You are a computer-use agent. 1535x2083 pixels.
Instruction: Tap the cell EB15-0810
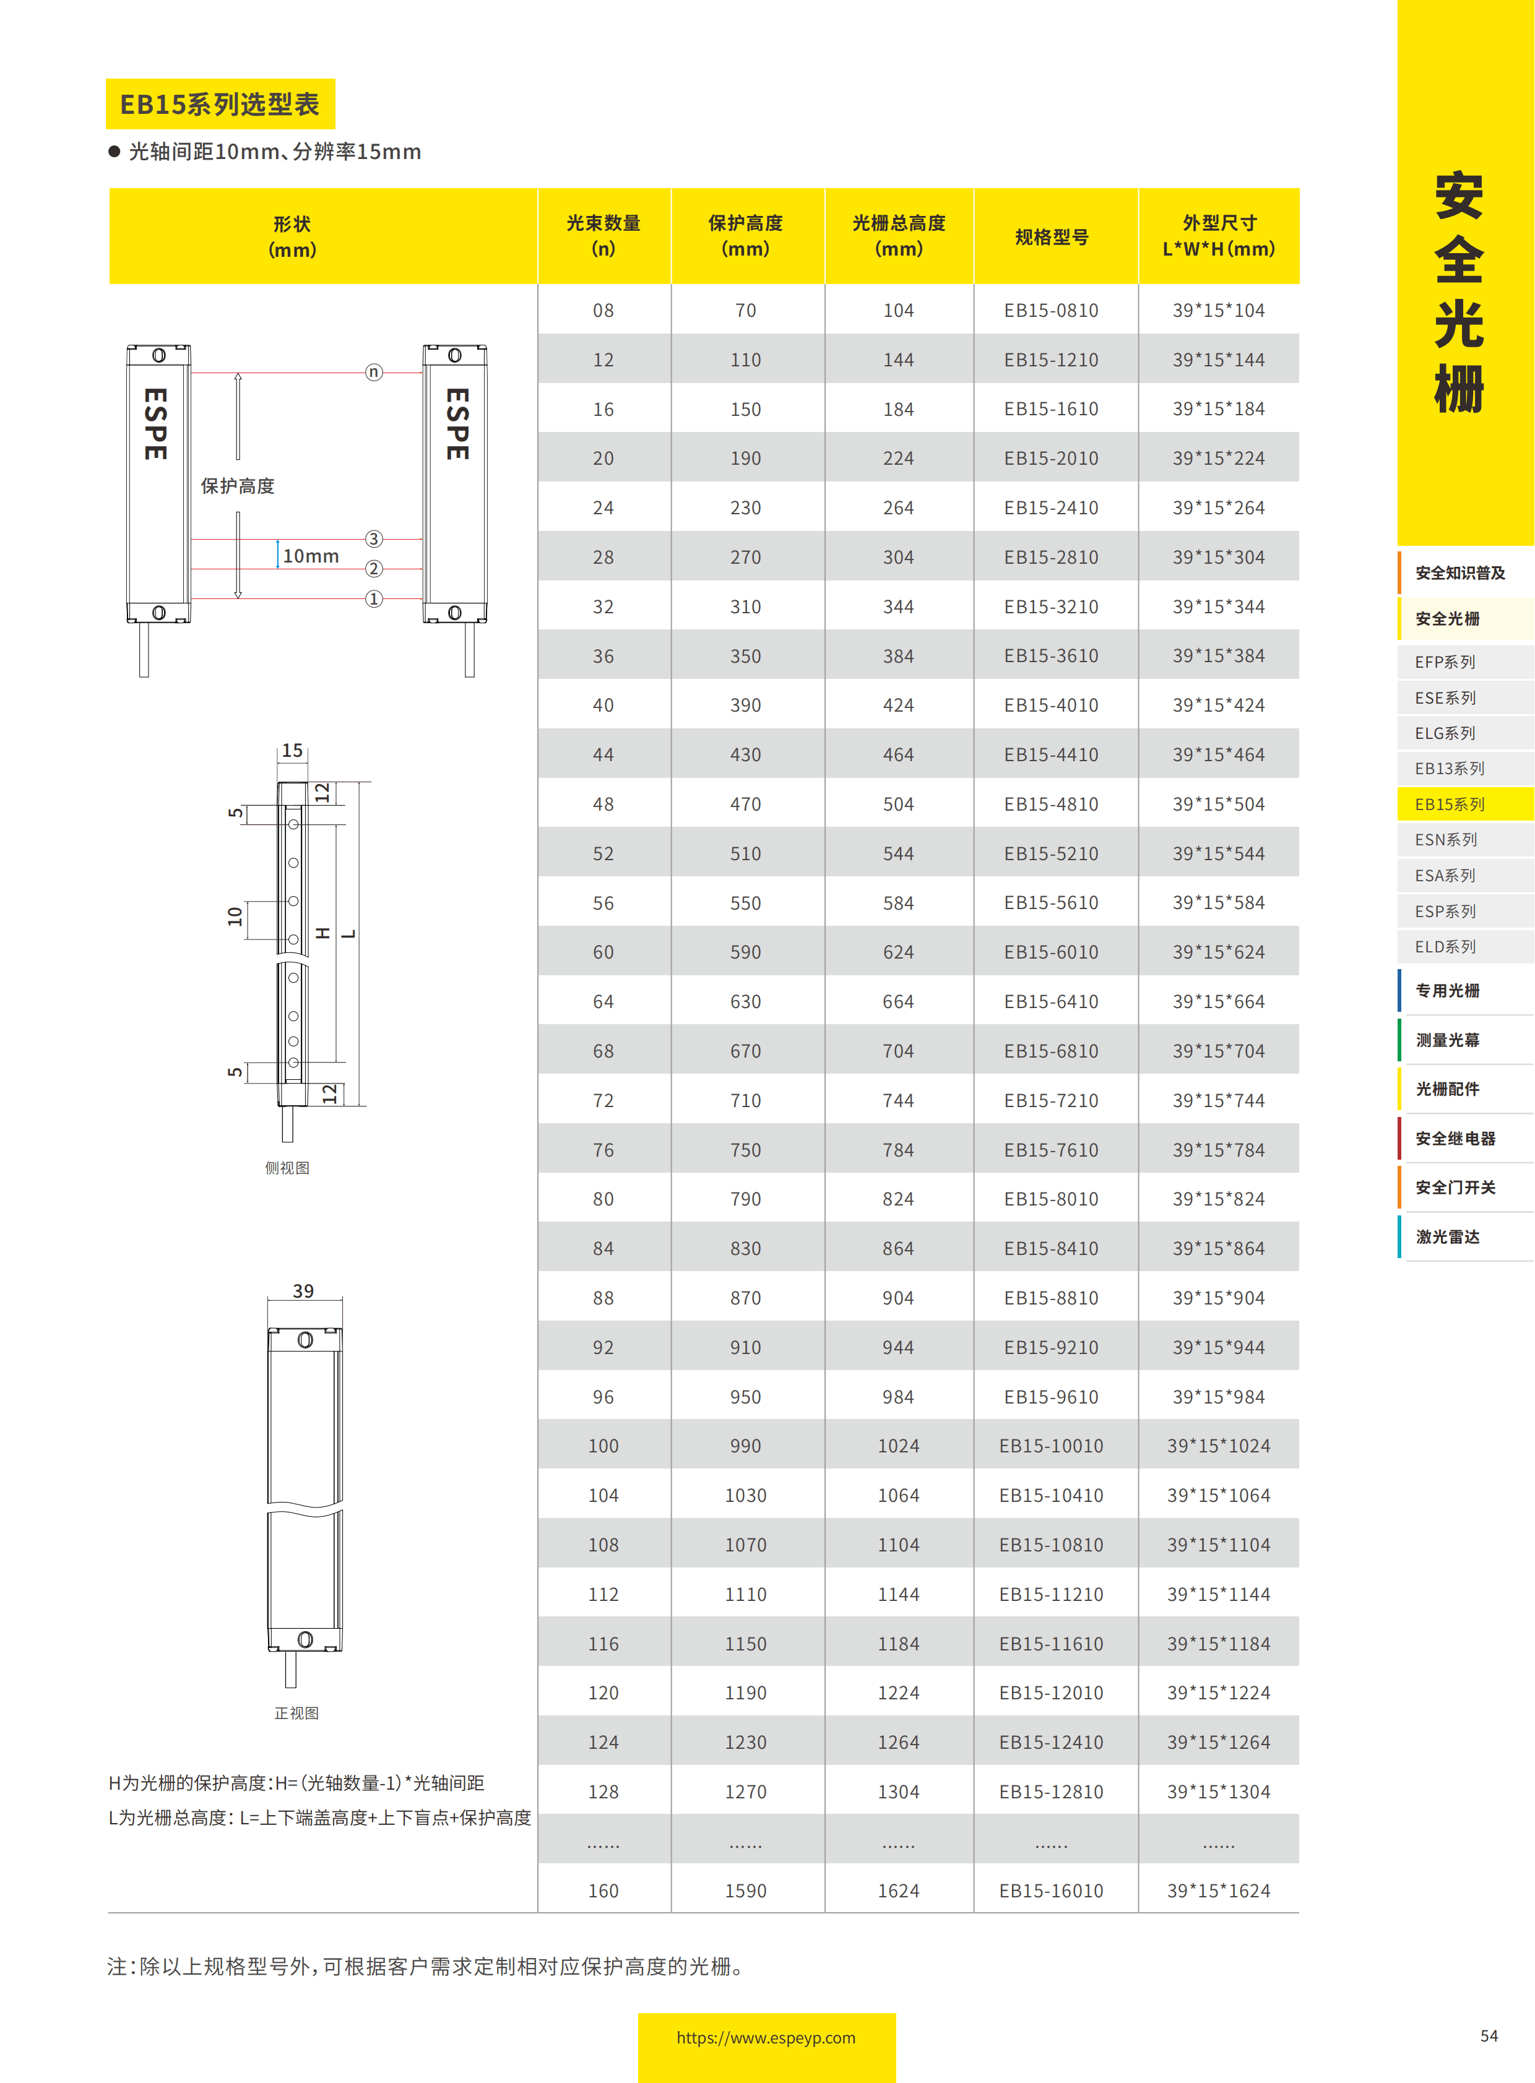point(1051,310)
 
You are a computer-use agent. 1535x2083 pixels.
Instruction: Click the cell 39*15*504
point(1218,804)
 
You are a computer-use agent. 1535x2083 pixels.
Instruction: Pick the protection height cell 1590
point(745,1891)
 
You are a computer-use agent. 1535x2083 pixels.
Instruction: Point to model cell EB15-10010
point(1051,1446)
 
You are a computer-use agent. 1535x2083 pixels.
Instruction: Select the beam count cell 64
point(603,1001)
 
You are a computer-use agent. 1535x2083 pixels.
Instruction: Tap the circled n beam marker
point(373,372)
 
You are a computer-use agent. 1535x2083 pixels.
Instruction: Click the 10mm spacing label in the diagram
point(310,556)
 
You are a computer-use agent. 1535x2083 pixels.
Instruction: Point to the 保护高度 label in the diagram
point(238,486)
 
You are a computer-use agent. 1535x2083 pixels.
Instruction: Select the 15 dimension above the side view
point(292,750)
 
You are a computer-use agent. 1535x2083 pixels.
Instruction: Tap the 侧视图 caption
point(287,1168)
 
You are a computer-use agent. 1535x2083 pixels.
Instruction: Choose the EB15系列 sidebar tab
point(1450,804)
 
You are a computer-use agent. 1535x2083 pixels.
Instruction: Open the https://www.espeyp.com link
point(766,2037)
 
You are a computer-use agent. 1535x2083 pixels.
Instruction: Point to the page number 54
point(1489,2035)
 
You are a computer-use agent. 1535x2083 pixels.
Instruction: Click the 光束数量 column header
point(603,236)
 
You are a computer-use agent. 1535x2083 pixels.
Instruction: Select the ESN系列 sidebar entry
point(1446,840)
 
